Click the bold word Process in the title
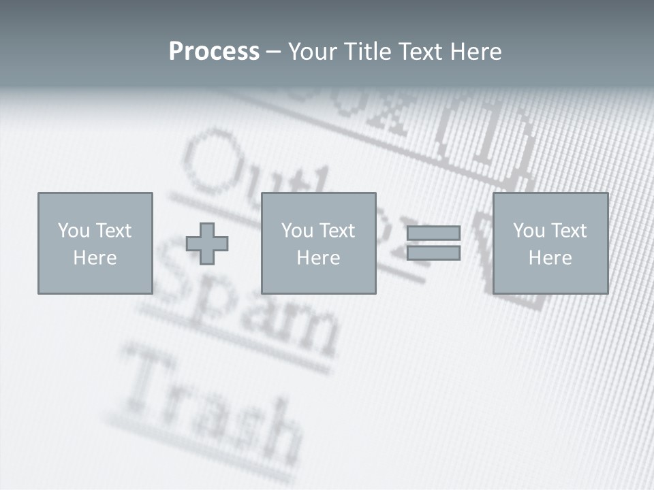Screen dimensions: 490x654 point(214,51)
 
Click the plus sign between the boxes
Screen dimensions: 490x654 point(207,244)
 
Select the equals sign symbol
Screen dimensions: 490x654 point(433,243)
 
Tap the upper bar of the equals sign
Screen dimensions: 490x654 point(433,233)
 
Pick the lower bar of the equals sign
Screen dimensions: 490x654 point(433,253)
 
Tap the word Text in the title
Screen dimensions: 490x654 point(419,51)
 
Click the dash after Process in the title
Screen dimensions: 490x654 point(273,52)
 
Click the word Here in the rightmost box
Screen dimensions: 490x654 point(550,257)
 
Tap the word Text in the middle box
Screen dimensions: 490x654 point(337,230)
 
